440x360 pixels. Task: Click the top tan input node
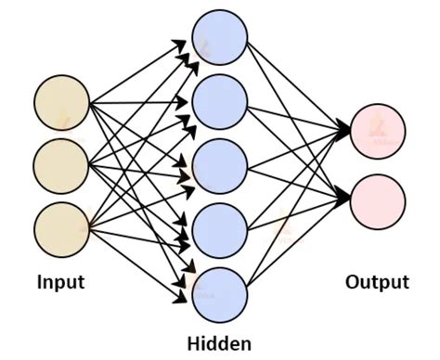tap(61, 101)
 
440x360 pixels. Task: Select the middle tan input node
tap(61, 163)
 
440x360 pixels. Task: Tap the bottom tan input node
tap(61, 225)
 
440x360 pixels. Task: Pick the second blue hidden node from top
tap(220, 101)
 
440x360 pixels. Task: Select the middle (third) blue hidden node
tap(220, 163)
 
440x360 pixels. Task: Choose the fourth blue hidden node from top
tap(220, 225)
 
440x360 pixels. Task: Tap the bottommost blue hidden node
tap(220, 290)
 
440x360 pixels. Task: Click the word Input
tap(61, 280)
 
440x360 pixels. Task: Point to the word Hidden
tap(219, 344)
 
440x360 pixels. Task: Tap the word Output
tap(377, 282)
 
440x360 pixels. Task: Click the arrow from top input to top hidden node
tap(139, 71)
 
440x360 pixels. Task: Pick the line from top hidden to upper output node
tap(297, 84)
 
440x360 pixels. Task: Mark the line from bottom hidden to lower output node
tap(297, 246)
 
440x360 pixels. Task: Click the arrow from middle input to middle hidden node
tap(139, 163)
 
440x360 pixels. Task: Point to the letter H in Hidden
tap(194, 344)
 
